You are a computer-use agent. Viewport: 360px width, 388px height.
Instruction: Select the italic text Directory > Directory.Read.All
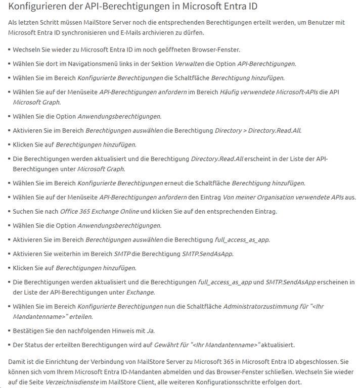258,130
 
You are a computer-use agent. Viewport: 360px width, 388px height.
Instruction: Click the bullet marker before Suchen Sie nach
9,211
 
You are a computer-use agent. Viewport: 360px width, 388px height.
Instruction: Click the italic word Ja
150,331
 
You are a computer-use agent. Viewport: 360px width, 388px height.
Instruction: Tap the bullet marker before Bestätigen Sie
9,331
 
